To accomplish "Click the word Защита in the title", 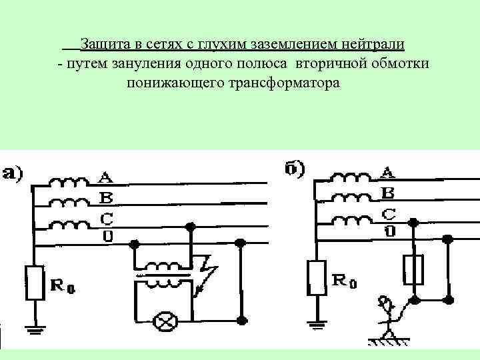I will pyautogui.click(x=104, y=45).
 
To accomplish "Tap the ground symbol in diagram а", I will pyautogui.click(x=33, y=327).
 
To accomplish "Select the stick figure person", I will pyautogui.click(x=387, y=313).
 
